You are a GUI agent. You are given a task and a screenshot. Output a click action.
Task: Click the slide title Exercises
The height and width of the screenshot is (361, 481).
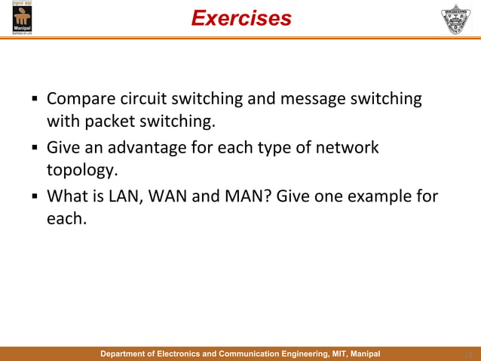coord(240,18)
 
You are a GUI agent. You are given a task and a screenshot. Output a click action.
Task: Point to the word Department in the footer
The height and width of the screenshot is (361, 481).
coord(125,353)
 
